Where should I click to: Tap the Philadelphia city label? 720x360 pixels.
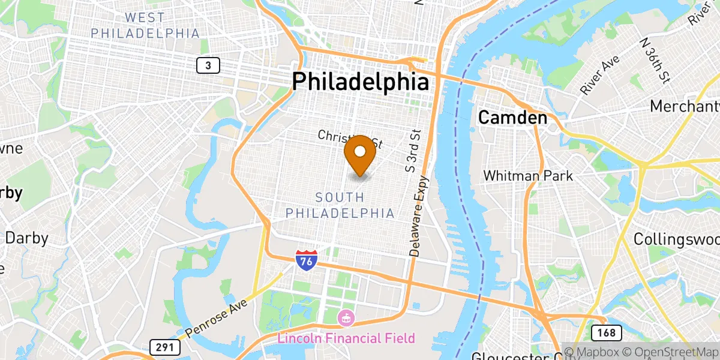(x=361, y=82)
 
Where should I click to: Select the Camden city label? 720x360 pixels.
(x=512, y=118)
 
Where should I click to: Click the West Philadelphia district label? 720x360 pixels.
(x=145, y=26)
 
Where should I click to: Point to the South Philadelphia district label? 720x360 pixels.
(x=340, y=205)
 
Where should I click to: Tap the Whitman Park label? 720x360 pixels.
(x=528, y=176)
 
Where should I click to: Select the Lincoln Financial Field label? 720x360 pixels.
(x=346, y=338)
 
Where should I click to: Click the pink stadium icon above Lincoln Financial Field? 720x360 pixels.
(x=346, y=317)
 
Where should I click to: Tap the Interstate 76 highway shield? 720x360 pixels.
(x=305, y=260)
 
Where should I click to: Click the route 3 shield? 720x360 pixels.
(x=208, y=65)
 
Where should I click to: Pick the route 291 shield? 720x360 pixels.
(x=162, y=347)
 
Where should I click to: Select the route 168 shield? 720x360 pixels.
(x=602, y=332)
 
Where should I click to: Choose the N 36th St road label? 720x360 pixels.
(x=655, y=61)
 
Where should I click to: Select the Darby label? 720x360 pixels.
(x=26, y=238)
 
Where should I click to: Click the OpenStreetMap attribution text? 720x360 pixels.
(x=670, y=352)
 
